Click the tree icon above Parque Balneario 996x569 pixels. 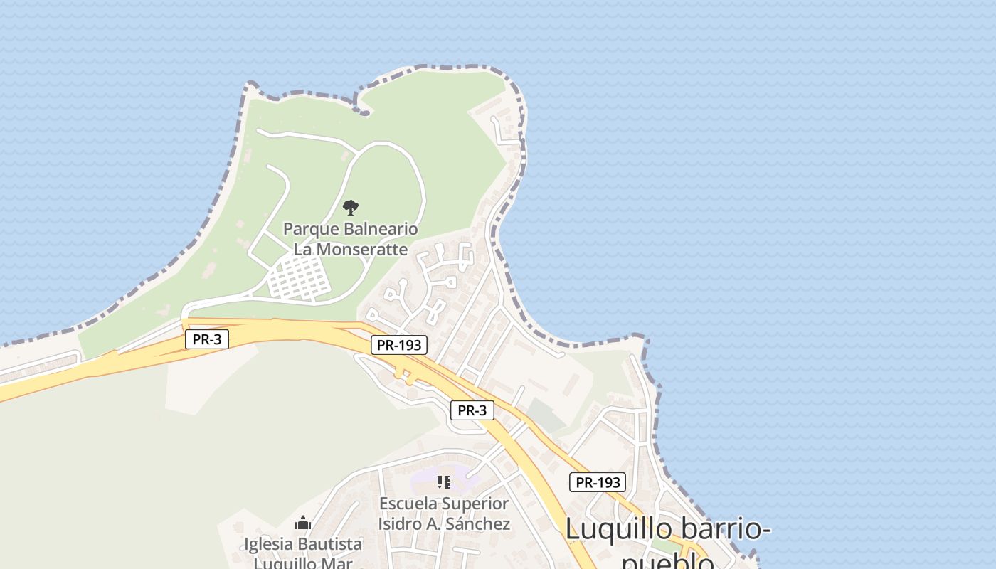tap(350, 208)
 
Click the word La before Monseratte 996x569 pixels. tap(303, 250)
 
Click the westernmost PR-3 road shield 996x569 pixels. tap(207, 339)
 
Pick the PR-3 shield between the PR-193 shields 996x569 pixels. tap(472, 410)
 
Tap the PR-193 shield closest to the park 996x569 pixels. tap(399, 346)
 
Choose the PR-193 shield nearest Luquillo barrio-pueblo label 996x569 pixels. tap(598, 482)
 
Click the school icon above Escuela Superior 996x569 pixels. tap(444, 482)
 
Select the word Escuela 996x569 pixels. tap(408, 504)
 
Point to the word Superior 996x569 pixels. tap(475, 504)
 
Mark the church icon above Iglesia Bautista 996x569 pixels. tap(303, 523)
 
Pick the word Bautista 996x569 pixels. tap(332, 545)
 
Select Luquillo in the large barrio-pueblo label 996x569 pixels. tap(618, 529)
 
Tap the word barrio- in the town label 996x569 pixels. tap(726, 529)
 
